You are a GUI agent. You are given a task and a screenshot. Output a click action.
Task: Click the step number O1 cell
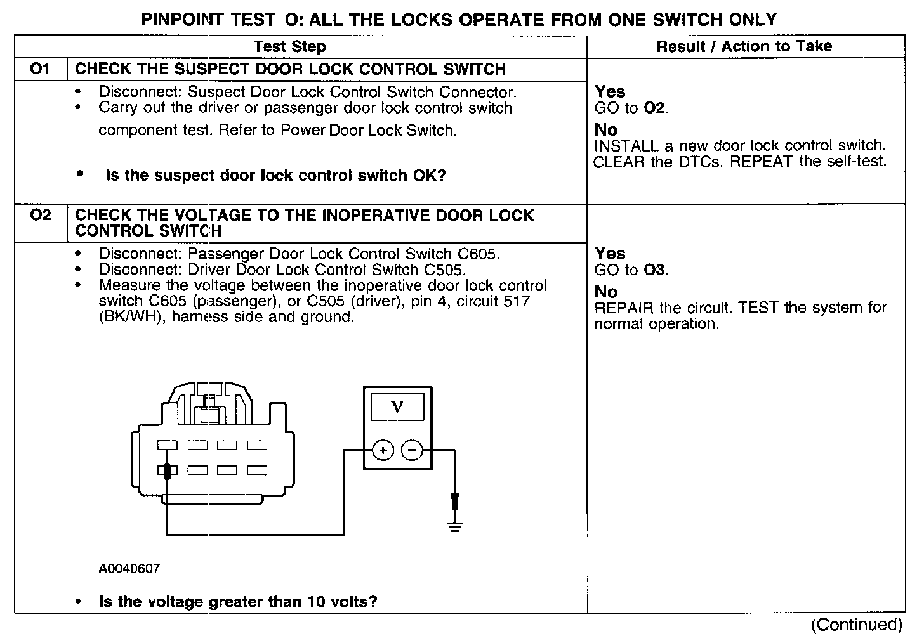pos(40,68)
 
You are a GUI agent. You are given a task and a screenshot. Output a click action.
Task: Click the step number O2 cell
pos(40,216)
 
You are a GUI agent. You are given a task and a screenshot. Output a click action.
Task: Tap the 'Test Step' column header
pos(289,46)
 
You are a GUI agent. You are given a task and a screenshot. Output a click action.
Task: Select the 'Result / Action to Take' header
pos(744,46)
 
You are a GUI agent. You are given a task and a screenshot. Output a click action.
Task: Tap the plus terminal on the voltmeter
pos(383,451)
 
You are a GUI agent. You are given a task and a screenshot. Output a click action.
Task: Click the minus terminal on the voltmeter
pos(412,451)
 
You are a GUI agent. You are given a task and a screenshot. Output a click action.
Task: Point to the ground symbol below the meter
pos(454,526)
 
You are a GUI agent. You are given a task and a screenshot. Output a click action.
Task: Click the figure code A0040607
pos(129,569)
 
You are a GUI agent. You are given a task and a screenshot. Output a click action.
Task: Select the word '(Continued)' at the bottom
pos(857,625)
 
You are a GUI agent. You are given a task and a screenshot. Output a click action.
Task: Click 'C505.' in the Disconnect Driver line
pos(445,270)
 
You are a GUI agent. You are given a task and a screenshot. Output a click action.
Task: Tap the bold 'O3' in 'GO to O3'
pos(655,270)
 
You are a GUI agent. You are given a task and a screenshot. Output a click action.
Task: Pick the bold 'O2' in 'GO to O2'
pos(655,108)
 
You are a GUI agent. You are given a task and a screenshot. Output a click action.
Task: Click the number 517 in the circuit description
pos(515,301)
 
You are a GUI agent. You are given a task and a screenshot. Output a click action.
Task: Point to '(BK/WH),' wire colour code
pos(130,316)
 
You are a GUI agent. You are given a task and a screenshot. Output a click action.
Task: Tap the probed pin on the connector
pos(168,471)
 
